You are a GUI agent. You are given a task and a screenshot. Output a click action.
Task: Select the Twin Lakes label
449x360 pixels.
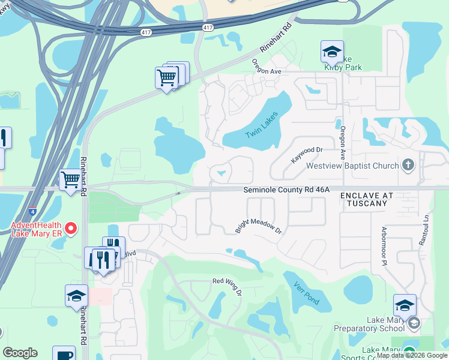pyautogui.click(x=262, y=125)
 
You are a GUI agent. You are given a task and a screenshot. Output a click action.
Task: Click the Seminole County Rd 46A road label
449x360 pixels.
pyautogui.click(x=286, y=190)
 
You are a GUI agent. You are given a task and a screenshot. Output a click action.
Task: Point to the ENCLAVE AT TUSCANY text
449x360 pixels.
pyautogui.click(x=367, y=200)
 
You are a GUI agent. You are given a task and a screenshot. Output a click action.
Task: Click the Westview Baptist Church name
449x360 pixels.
pyautogui.click(x=352, y=166)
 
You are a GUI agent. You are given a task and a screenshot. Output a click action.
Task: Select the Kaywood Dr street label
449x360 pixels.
pyautogui.click(x=307, y=155)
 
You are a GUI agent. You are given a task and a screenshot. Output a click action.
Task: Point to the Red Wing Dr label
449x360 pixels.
pyautogui.click(x=227, y=286)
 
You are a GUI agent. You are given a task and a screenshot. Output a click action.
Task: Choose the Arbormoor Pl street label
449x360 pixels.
pyautogui.click(x=382, y=247)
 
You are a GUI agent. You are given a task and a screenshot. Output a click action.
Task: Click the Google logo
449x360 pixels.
pyautogui.click(x=20, y=353)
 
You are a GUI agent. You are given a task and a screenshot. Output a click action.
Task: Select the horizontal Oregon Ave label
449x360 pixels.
pyautogui.click(x=267, y=71)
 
